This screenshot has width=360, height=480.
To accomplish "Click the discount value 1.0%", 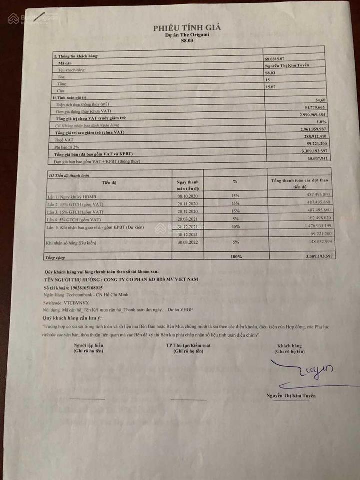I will tap(321, 122).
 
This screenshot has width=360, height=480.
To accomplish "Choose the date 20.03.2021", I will tap(187, 220).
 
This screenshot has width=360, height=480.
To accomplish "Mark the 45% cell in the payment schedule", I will tap(235, 227).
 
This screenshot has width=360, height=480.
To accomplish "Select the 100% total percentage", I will tap(236, 257).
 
